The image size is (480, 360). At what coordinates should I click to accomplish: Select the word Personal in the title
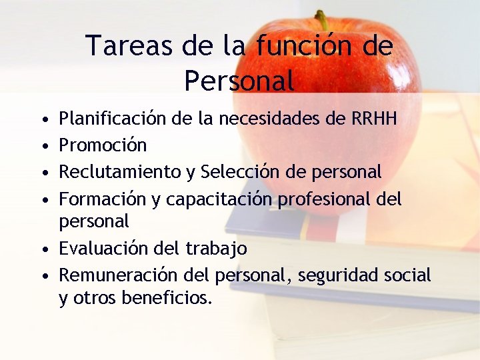point(239,81)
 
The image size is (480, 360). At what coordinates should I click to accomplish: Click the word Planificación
point(112,119)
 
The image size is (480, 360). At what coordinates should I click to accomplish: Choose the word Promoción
point(103,145)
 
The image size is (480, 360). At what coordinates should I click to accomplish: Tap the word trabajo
point(216,249)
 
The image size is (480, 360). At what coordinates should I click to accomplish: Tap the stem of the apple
point(321,20)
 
